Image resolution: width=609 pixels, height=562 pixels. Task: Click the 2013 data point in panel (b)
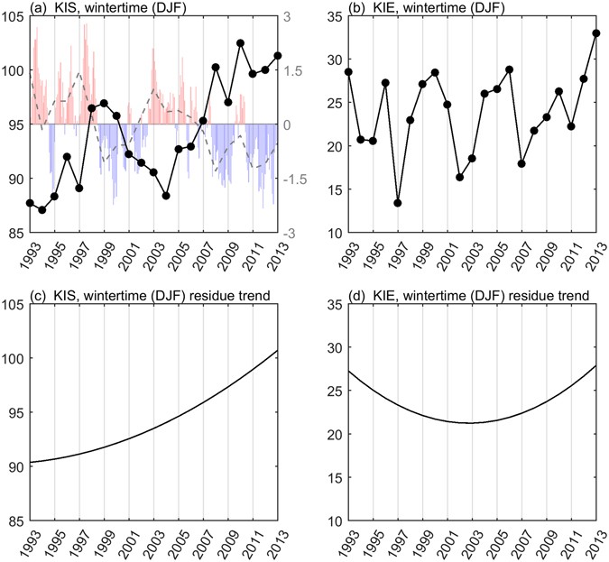click(x=596, y=33)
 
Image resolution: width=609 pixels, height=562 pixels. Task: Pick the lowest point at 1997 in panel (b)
click(x=398, y=203)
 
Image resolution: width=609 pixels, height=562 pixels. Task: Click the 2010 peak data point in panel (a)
click(x=241, y=43)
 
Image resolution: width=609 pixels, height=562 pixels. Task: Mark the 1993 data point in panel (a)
click(x=31, y=203)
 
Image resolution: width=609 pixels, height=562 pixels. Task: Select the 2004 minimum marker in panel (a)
click(x=166, y=196)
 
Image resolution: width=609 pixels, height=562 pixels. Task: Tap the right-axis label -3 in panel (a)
click(x=293, y=234)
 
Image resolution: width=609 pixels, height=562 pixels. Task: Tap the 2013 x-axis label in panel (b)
click(x=597, y=255)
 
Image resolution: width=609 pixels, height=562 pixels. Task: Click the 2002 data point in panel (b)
click(x=460, y=177)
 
